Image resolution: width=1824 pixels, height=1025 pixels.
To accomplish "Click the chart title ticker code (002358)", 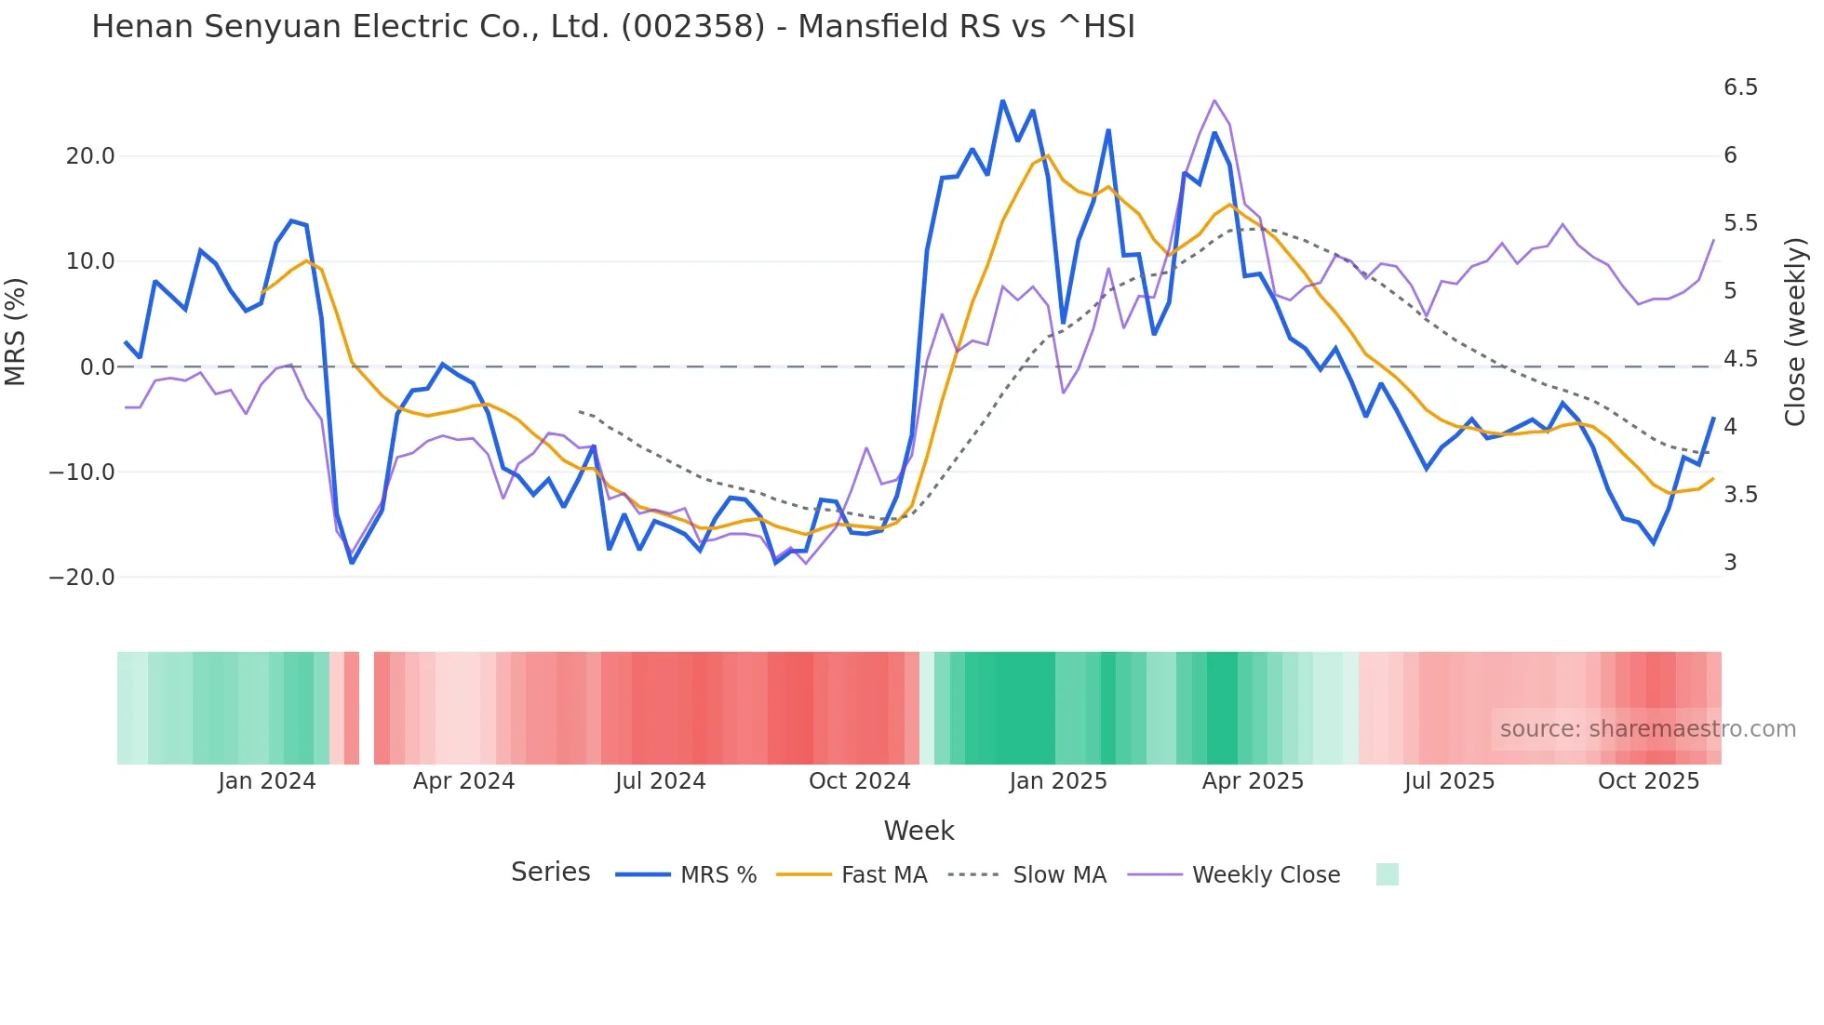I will coord(692,27).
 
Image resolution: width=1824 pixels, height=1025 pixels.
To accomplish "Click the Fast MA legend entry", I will coord(852,875).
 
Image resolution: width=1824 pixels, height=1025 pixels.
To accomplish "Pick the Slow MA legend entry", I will coord(1027,875).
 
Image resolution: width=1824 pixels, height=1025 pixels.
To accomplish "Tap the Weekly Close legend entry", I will coord(1234,875).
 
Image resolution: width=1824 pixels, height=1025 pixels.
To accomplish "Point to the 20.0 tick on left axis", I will coord(90,156).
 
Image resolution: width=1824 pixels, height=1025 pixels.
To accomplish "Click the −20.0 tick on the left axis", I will coord(82,578).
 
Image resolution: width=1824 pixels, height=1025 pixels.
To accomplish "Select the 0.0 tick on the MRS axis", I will coord(98,367).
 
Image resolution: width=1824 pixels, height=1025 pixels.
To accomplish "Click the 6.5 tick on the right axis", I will coord(1740,87).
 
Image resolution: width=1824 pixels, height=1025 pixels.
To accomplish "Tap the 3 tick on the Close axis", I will coord(1730,563).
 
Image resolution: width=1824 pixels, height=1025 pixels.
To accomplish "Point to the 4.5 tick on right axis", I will coord(1740,359).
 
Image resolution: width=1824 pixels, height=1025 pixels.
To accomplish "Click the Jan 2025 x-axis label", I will coord(1058,781).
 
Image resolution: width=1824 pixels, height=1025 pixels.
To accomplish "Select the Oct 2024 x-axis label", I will coord(859,781).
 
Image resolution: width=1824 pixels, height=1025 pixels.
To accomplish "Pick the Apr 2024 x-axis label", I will coord(463,781).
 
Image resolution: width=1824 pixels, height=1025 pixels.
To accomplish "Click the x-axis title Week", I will coord(919,831).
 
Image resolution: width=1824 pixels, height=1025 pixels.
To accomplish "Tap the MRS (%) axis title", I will coord(15,332).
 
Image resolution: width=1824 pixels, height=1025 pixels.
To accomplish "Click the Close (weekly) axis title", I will coord(1796,332).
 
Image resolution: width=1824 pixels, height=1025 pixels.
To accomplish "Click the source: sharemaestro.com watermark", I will coord(1647,729).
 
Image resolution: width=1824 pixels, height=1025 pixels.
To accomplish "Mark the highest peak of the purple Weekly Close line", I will coord(1214,100).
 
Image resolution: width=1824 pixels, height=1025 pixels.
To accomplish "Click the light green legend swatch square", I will coord(1387,875).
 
